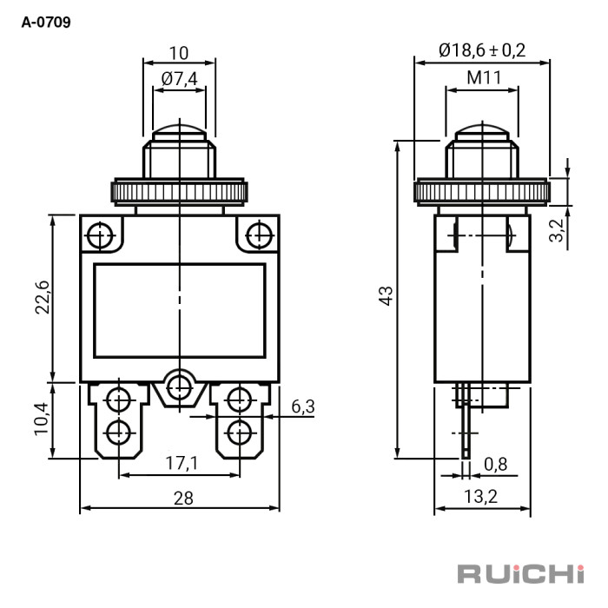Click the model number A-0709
coord(46,22)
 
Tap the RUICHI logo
coord(520,574)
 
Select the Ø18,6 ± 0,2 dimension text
coord(482,50)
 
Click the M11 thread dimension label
coord(484,77)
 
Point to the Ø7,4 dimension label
coord(179,79)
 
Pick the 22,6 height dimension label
coord(43,297)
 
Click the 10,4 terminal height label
coord(42,420)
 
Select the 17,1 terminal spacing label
coord(182,463)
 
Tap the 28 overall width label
coord(183,499)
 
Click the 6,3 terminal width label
coord(303,406)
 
